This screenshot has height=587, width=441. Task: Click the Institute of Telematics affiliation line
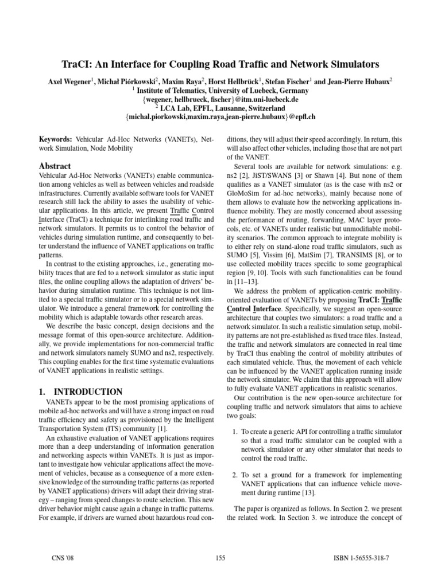tap(222, 91)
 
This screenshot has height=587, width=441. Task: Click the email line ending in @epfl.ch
tap(220, 116)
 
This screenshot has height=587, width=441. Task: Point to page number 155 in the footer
tap(220, 557)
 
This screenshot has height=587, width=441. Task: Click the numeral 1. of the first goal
tap(236, 431)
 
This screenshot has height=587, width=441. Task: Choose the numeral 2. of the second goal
tap(236, 475)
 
